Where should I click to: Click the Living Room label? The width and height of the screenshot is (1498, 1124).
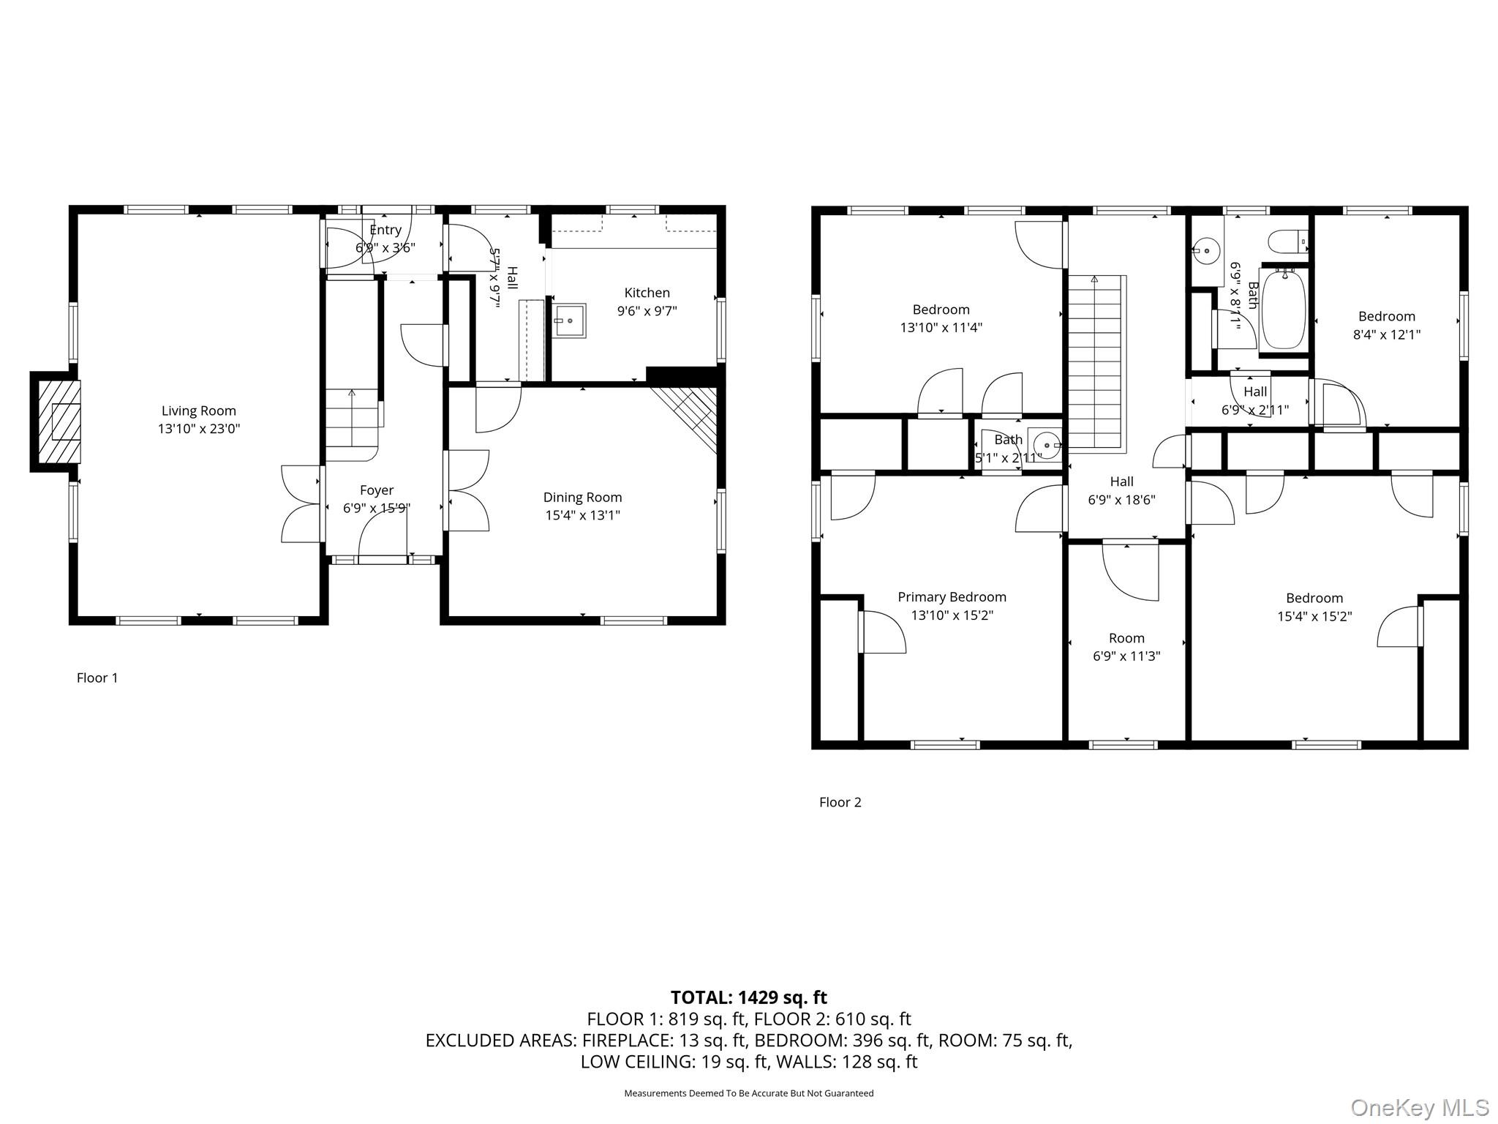click(x=198, y=411)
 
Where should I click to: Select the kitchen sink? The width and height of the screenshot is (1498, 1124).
click(x=569, y=321)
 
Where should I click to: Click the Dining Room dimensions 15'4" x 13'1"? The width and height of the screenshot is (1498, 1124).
click(x=582, y=515)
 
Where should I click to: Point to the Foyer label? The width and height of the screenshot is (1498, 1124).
click(x=377, y=490)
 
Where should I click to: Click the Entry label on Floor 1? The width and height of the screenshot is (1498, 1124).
click(x=385, y=230)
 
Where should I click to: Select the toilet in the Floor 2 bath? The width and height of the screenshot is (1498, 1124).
click(x=1286, y=241)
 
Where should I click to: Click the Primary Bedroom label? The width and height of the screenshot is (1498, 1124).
click(x=952, y=597)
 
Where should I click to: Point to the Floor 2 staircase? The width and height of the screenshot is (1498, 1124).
click(x=1095, y=362)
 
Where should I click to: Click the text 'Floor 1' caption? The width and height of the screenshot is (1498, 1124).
click(x=97, y=678)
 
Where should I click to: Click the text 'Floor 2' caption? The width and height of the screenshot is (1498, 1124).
click(x=840, y=802)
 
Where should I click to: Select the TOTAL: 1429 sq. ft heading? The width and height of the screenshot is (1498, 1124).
click(x=748, y=997)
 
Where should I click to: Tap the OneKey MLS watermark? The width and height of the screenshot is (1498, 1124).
click(x=1419, y=1107)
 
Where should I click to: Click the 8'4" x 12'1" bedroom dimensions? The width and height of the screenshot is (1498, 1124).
click(x=1386, y=334)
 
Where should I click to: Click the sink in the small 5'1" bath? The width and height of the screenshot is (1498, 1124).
click(x=1046, y=444)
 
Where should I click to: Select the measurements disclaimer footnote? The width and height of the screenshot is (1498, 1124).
click(x=748, y=1093)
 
